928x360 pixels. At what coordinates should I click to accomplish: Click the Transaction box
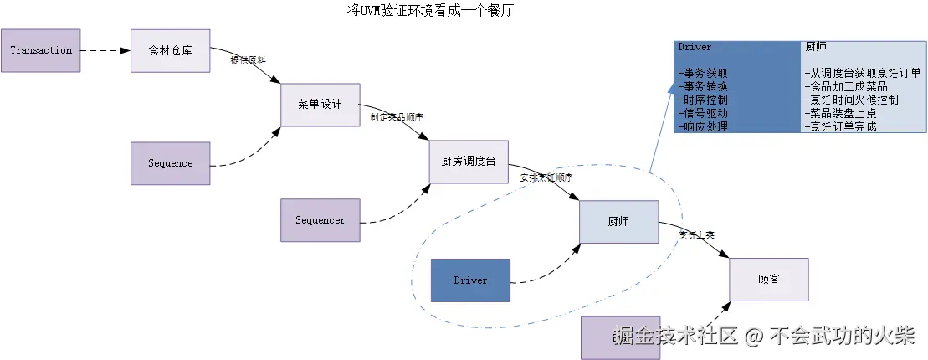[x=42, y=50]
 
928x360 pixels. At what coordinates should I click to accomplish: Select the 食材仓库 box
[x=170, y=50]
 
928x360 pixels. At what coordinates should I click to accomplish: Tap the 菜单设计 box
[x=320, y=105]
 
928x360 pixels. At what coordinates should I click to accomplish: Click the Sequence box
[x=171, y=163]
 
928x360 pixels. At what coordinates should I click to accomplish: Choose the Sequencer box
[x=320, y=220]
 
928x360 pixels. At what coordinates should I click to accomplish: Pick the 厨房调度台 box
[x=468, y=162]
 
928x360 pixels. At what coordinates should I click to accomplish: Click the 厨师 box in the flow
[x=619, y=222]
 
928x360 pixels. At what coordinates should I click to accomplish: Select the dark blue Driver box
[x=470, y=280]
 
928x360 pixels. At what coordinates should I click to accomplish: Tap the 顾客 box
[x=769, y=280]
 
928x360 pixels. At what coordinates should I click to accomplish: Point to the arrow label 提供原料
[x=249, y=61]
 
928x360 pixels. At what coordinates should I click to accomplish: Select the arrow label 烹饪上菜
[x=696, y=235]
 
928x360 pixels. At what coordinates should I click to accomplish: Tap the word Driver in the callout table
[x=695, y=48]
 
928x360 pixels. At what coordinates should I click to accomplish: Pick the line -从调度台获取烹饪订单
[x=862, y=74]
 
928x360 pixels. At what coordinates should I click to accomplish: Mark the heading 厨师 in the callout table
[x=816, y=48]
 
